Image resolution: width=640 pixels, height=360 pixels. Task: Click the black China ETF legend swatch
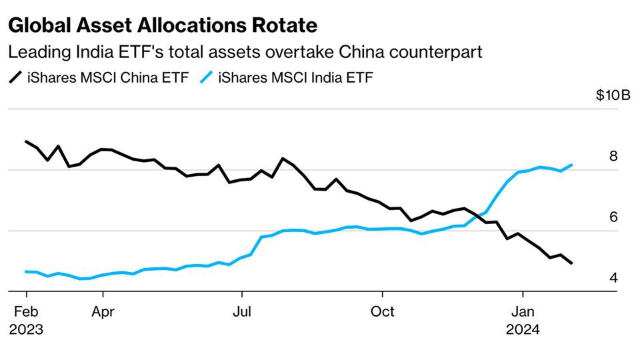tap(15, 78)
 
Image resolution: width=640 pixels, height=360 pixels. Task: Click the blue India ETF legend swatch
tap(207, 78)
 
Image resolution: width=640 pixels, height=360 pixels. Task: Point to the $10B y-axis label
tap(613, 95)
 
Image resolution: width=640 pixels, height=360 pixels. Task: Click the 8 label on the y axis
tap(613, 156)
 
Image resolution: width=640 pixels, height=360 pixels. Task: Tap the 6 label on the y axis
tap(613, 217)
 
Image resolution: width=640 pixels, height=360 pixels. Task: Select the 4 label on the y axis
tap(613, 277)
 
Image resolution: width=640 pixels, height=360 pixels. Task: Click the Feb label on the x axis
tap(26, 312)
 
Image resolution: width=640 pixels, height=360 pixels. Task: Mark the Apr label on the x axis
tap(103, 312)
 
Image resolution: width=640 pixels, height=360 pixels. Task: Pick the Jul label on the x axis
tap(242, 312)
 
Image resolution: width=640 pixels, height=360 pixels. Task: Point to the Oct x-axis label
tap(383, 312)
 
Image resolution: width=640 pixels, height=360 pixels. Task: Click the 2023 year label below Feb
tap(26, 329)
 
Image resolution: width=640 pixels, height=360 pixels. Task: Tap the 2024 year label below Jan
tap(523, 329)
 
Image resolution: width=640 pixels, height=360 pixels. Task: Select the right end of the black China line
tap(572, 263)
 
